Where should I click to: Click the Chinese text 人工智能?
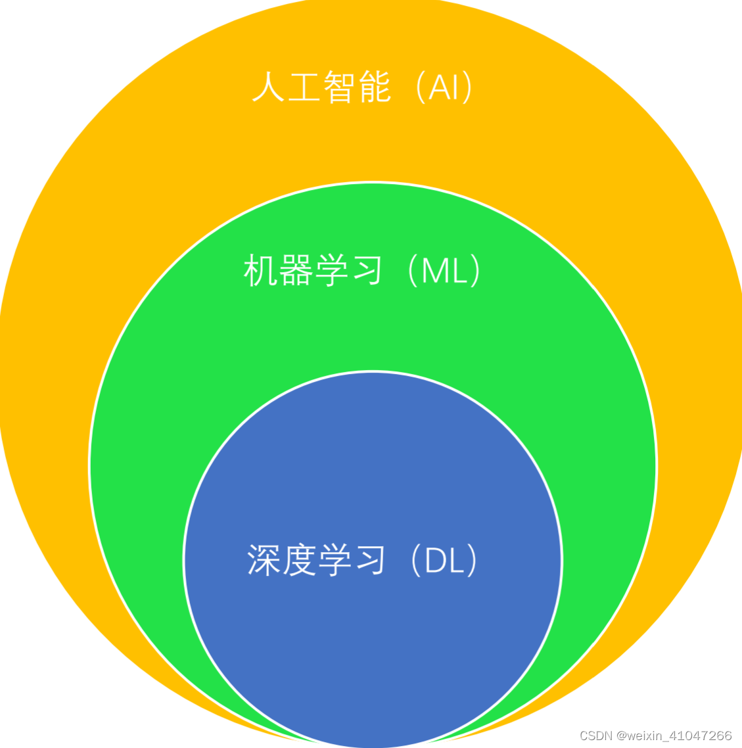[321, 87]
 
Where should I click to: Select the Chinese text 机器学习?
[313, 270]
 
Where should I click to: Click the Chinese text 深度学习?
[315, 561]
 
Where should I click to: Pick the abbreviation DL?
[444, 561]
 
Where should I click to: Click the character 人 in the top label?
[267, 87]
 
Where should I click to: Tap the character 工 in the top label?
[303, 87]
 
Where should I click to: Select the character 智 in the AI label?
[339, 87]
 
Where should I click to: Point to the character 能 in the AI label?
[375, 87]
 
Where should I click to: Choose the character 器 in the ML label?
[295, 270]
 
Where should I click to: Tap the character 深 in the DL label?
[264, 561]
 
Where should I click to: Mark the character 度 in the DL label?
[299, 561]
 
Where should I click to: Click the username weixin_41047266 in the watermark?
[680, 736]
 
